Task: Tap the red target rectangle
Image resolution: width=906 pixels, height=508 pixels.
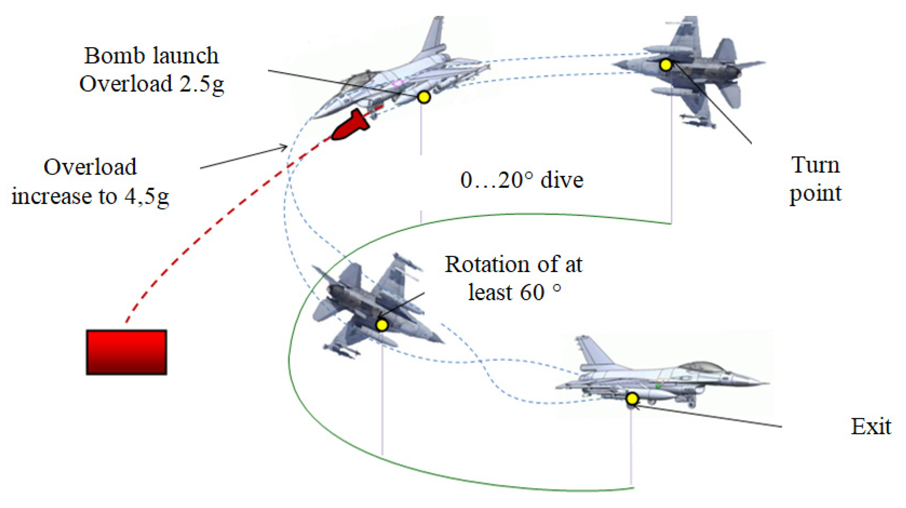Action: pos(126,352)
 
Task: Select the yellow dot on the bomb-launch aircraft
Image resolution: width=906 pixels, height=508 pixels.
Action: pos(424,97)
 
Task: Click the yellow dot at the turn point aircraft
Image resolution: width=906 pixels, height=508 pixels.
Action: pos(666,65)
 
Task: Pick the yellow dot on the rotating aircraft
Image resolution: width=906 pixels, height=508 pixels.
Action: pos(382,325)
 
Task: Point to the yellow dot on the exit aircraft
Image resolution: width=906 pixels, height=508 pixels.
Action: pos(632,399)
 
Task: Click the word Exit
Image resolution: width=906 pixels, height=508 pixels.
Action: pos(871,427)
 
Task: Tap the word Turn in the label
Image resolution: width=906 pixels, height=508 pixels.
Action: pos(815,165)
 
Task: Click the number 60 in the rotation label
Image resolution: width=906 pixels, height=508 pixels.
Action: pos(532,292)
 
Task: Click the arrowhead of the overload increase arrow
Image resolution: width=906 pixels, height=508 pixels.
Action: pos(285,147)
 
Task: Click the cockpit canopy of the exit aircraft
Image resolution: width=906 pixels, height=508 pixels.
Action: pos(702,367)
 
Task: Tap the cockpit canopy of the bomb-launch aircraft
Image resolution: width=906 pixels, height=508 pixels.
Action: pos(357,80)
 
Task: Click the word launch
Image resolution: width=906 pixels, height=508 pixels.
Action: pos(185,56)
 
